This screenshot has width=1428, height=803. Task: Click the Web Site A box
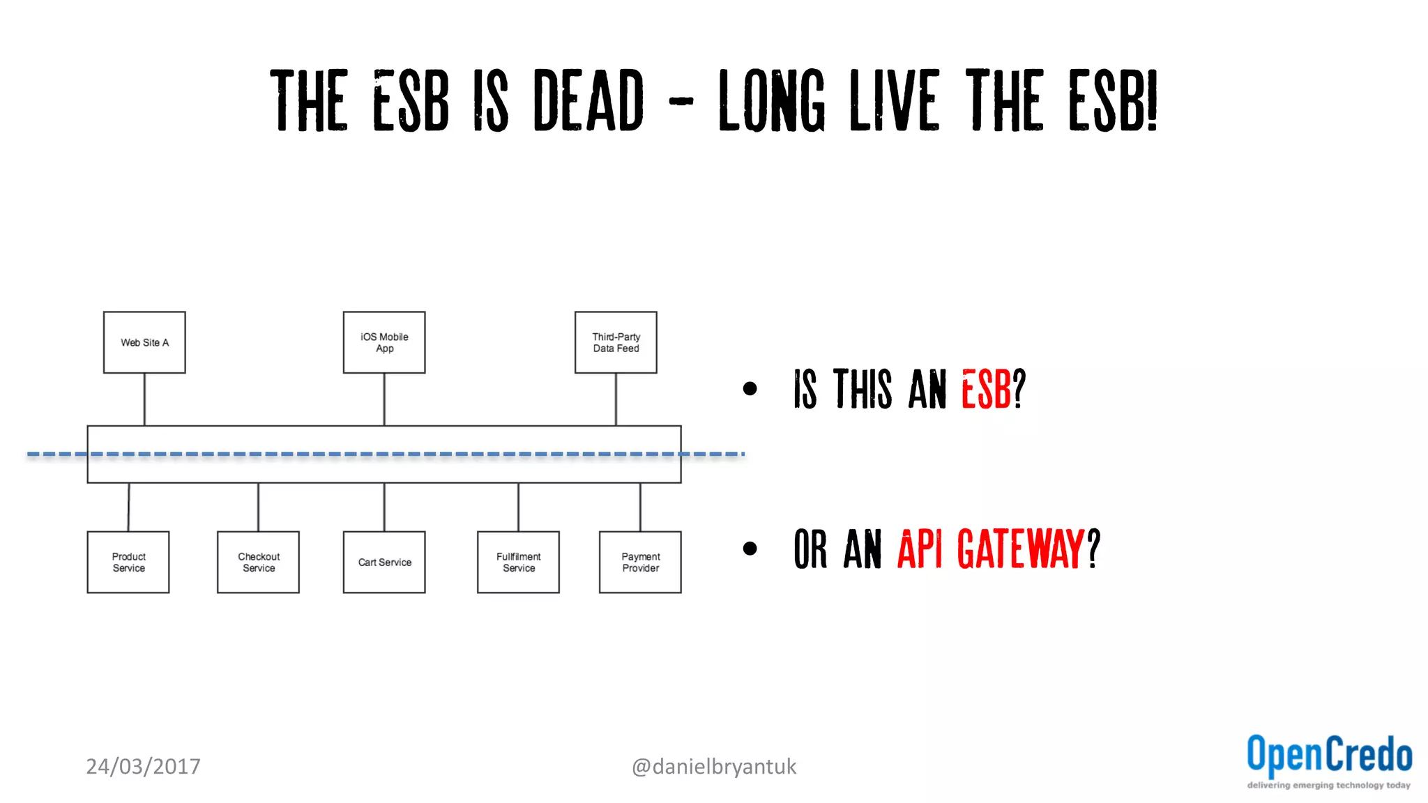tap(144, 342)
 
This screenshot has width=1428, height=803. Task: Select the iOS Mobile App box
tap(384, 342)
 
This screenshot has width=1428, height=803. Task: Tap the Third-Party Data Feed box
tap(616, 342)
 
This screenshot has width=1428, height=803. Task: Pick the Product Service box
tap(128, 562)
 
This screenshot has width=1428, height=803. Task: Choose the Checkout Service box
tap(258, 562)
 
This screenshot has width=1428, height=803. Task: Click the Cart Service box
tap(384, 562)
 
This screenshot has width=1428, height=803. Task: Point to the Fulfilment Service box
tap(518, 562)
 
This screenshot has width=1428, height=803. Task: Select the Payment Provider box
tap(640, 562)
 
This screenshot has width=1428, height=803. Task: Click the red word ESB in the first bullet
tap(986, 389)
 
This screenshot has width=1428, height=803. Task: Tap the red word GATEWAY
tap(1021, 549)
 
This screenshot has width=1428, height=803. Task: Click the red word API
tap(919, 549)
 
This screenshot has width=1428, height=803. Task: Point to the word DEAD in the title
tap(588, 100)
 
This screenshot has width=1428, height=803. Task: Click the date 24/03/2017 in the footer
tap(143, 766)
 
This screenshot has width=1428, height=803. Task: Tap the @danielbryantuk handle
tap(713, 766)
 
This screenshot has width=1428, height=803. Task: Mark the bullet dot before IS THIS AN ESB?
tap(750, 389)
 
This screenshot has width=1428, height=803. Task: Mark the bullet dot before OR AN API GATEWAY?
tap(750, 549)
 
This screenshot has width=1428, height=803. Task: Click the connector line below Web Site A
tap(144, 399)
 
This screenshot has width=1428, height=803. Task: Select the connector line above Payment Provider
tap(640, 507)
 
